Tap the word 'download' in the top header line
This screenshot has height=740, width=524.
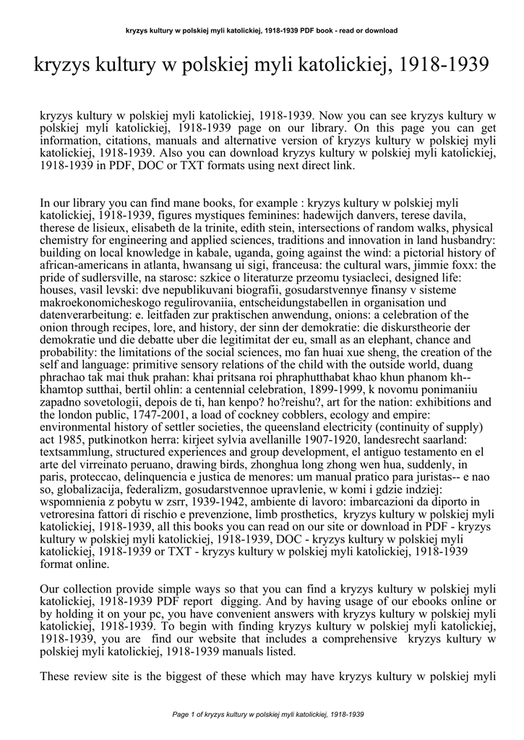coord(381,30)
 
